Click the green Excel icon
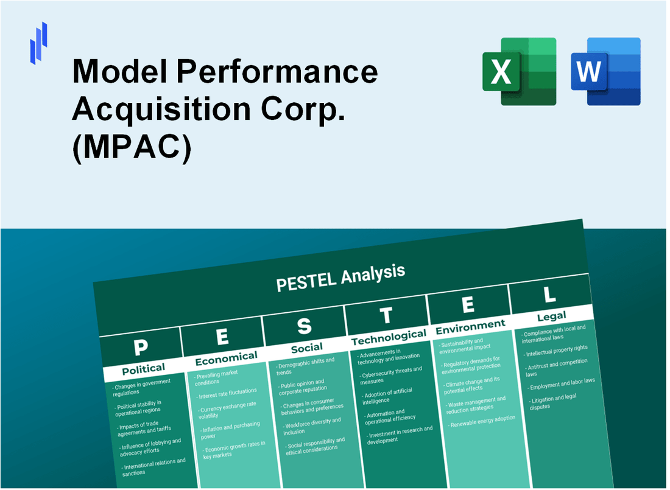tap(519, 71)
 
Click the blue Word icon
tap(605, 71)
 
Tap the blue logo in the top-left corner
tap(38, 43)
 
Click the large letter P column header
tap(141, 348)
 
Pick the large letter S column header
tap(304, 327)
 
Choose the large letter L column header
tap(549, 294)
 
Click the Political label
tap(143, 369)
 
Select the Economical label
tap(226, 357)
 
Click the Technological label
tap(389, 337)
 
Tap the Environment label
tap(470, 326)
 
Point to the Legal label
tap(551, 315)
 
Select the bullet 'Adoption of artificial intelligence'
tap(389, 396)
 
